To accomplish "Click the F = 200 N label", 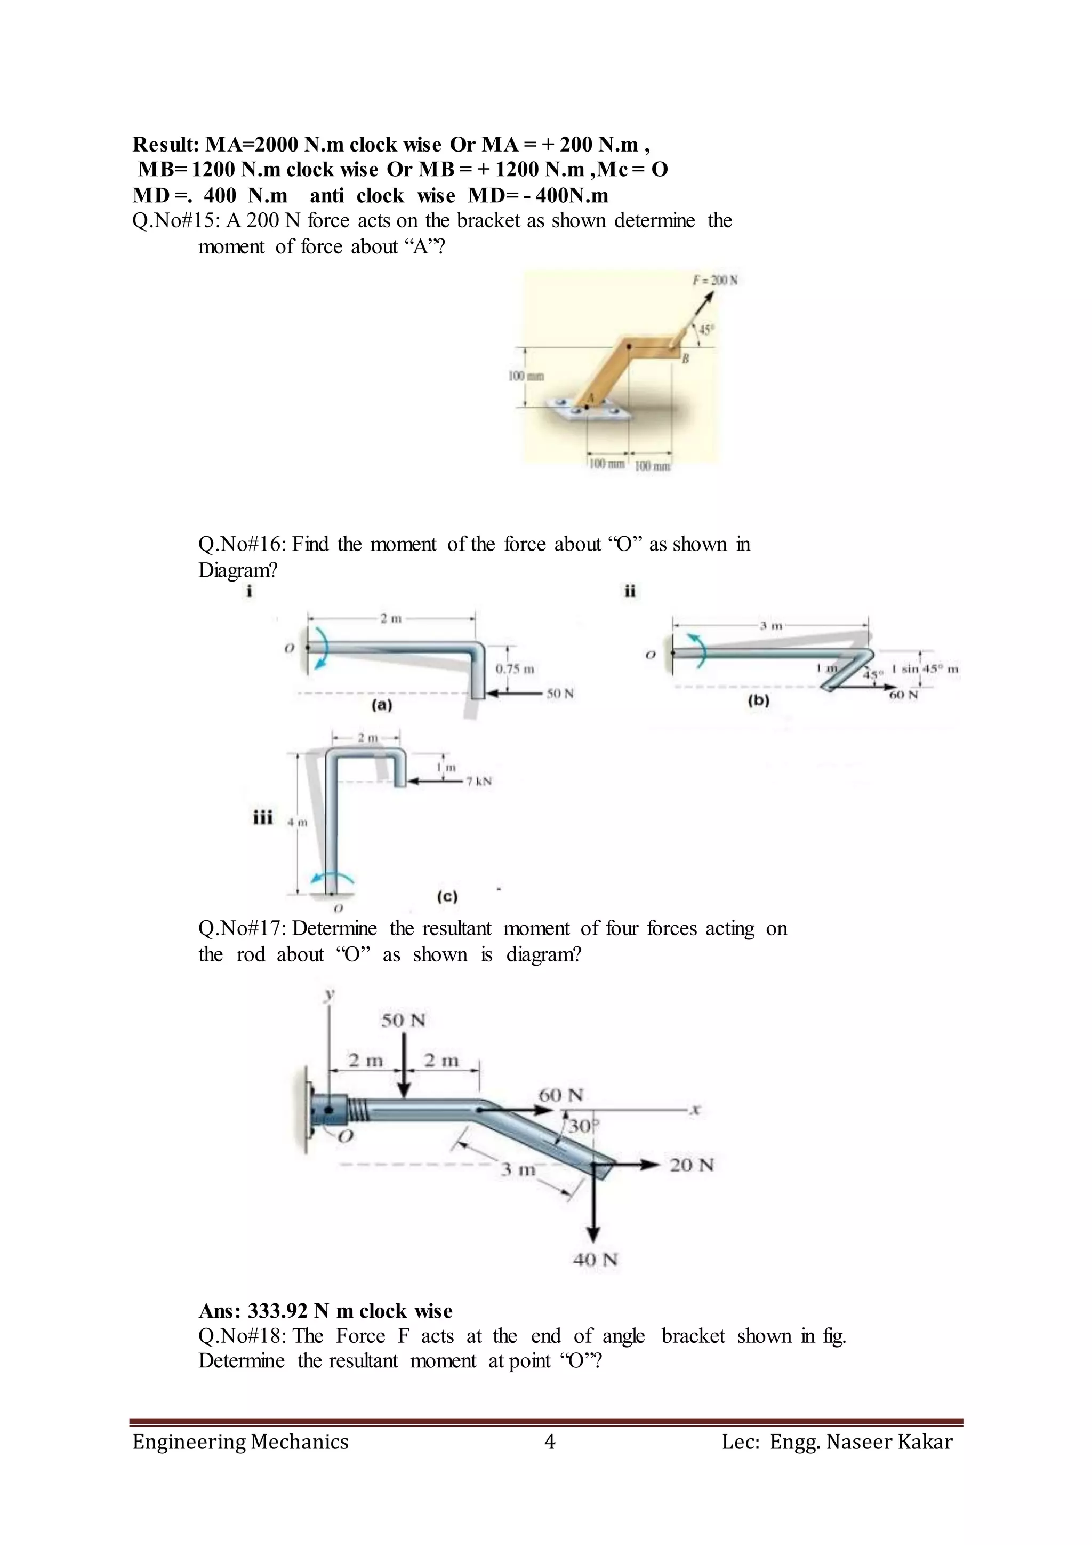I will (716, 280).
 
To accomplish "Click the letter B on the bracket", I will (686, 358).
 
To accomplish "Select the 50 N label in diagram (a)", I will (559, 694).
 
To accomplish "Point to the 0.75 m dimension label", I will (515, 669).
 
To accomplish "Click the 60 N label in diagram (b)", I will (903, 695).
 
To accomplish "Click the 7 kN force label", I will (479, 781).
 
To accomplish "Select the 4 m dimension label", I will (297, 822).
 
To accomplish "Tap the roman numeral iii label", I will (262, 818).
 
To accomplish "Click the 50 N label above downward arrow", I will (404, 1020).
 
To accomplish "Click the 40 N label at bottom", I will (595, 1259).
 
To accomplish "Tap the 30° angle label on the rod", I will (579, 1126).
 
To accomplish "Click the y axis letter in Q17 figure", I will (330, 994).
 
